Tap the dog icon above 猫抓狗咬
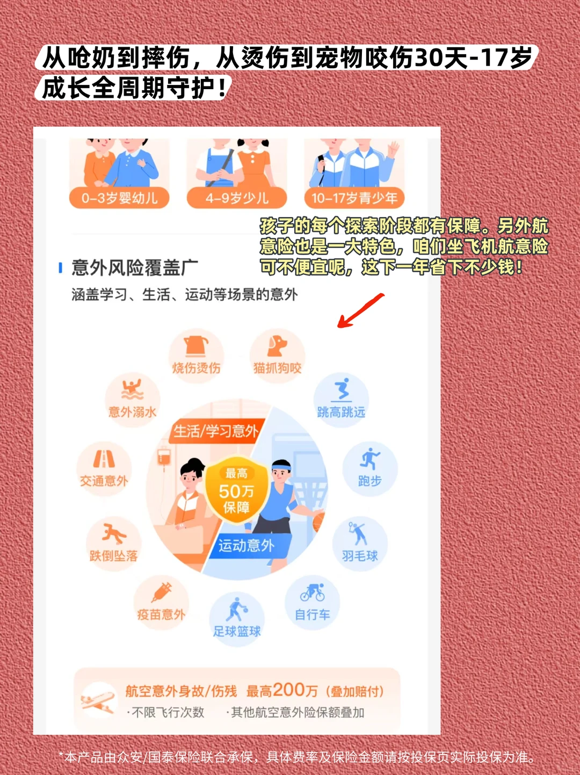tap(277, 346)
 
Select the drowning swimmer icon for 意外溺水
tap(133, 390)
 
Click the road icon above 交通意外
tap(104, 459)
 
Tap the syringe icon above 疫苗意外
tap(161, 592)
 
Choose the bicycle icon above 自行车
tap(313, 592)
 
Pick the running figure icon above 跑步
tap(369, 459)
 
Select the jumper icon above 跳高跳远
tap(342, 390)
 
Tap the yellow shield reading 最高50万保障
tap(236, 489)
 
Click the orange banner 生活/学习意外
tap(216, 431)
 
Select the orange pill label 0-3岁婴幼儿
tap(119, 198)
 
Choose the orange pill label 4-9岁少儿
tap(236, 198)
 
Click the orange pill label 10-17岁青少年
tap(354, 198)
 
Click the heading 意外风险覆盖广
tap(135, 267)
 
